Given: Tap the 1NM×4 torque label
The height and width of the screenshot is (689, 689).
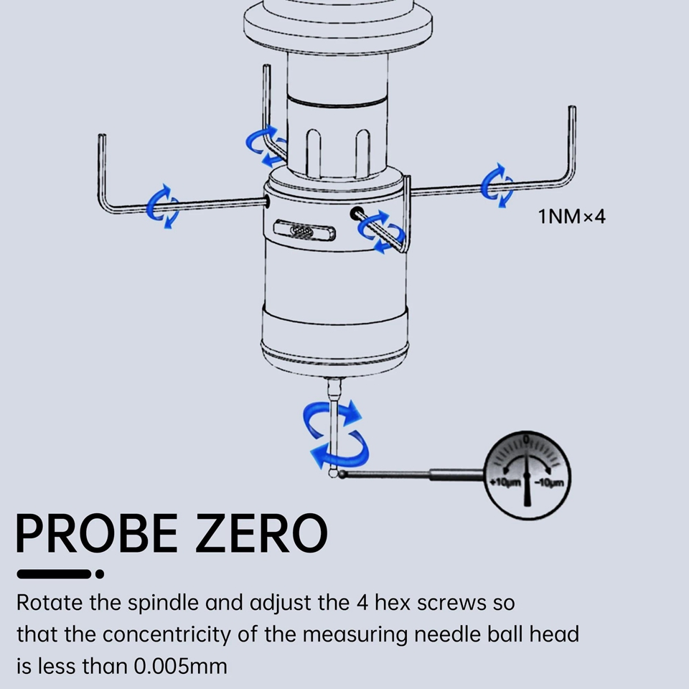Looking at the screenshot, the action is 572,217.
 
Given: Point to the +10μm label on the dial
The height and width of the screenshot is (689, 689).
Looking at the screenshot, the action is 505,482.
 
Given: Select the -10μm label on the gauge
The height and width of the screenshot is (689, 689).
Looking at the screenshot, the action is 548,482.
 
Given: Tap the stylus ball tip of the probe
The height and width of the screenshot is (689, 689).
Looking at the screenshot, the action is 333,473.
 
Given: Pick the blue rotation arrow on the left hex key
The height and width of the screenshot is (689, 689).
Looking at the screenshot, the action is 163,207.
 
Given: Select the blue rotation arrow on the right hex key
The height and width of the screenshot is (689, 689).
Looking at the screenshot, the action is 497,185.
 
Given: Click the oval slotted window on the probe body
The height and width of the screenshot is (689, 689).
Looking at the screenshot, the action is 304,230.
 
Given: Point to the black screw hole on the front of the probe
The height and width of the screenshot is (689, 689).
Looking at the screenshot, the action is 357,214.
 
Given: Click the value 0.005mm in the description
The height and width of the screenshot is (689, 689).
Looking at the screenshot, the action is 180,666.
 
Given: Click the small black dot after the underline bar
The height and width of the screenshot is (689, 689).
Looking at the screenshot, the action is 100,574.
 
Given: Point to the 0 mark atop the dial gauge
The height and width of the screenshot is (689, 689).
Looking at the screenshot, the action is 526,439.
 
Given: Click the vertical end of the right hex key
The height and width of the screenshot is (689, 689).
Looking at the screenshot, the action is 572,141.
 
